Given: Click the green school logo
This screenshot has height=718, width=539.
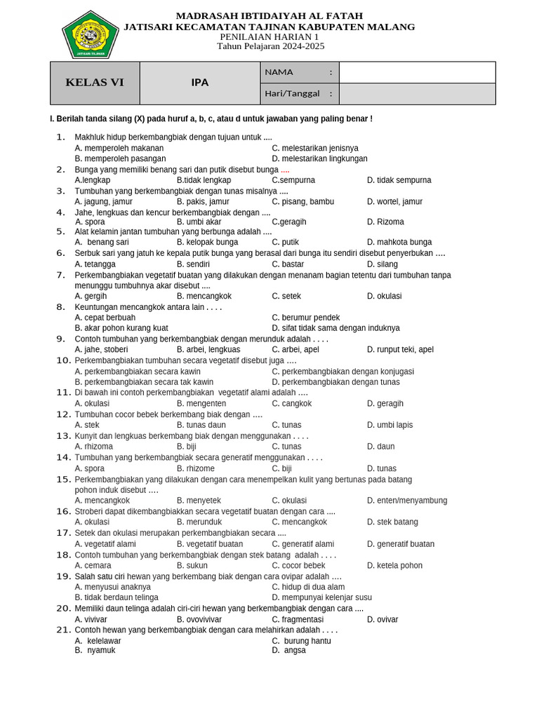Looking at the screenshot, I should (x=90, y=34).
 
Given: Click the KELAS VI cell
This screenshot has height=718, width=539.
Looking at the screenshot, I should (x=95, y=83).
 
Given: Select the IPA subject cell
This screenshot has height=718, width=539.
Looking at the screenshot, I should (x=200, y=83).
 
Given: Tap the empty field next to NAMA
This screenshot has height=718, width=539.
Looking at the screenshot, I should (x=417, y=72).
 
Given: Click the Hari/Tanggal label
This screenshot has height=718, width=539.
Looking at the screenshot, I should (x=292, y=93).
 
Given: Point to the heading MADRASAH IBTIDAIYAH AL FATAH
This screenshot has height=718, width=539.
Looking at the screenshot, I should (x=269, y=15).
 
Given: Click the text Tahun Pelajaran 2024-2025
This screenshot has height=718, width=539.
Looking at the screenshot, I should (x=270, y=46).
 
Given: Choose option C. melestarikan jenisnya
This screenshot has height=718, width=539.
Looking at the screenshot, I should (x=315, y=148).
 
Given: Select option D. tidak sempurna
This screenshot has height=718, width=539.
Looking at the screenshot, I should (x=399, y=180).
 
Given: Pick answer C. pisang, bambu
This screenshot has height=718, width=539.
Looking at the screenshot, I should (x=303, y=201).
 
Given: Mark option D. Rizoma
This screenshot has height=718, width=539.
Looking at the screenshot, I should (x=385, y=222).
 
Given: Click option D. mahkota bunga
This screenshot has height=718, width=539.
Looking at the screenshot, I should (x=399, y=242).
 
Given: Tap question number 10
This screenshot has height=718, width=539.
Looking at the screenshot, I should (x=64, y=360).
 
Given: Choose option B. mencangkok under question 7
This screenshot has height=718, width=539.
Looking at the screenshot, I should (x=204, y=296).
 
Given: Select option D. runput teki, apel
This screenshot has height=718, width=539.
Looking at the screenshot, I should (x=400, y=349).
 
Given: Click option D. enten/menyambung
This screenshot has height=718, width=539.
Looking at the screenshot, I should (x=407, y=501).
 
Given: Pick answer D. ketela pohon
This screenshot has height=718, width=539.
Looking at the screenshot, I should (x=394, y=565).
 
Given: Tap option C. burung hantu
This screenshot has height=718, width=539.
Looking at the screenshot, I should (x=302, y=641).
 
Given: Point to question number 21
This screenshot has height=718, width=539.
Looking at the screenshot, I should (x=64, y=630).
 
